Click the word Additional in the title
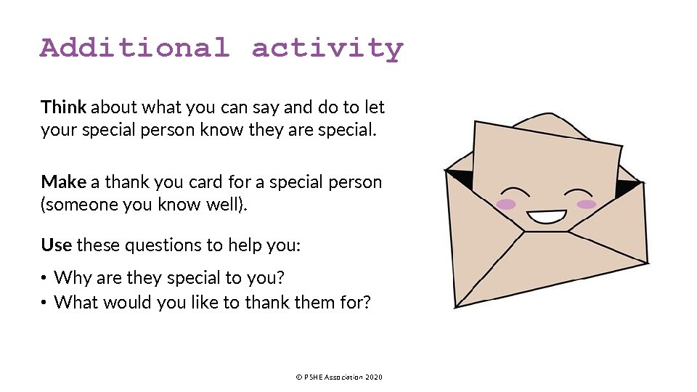134,48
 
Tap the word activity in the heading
327,49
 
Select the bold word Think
64,107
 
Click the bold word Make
63,181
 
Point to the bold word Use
56,245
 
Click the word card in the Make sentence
206,181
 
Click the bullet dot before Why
44,278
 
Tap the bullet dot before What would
44,302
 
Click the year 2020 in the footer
373,377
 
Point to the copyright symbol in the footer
298,377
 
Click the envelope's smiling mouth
546,216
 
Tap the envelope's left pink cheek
506,204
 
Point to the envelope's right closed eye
579,193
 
